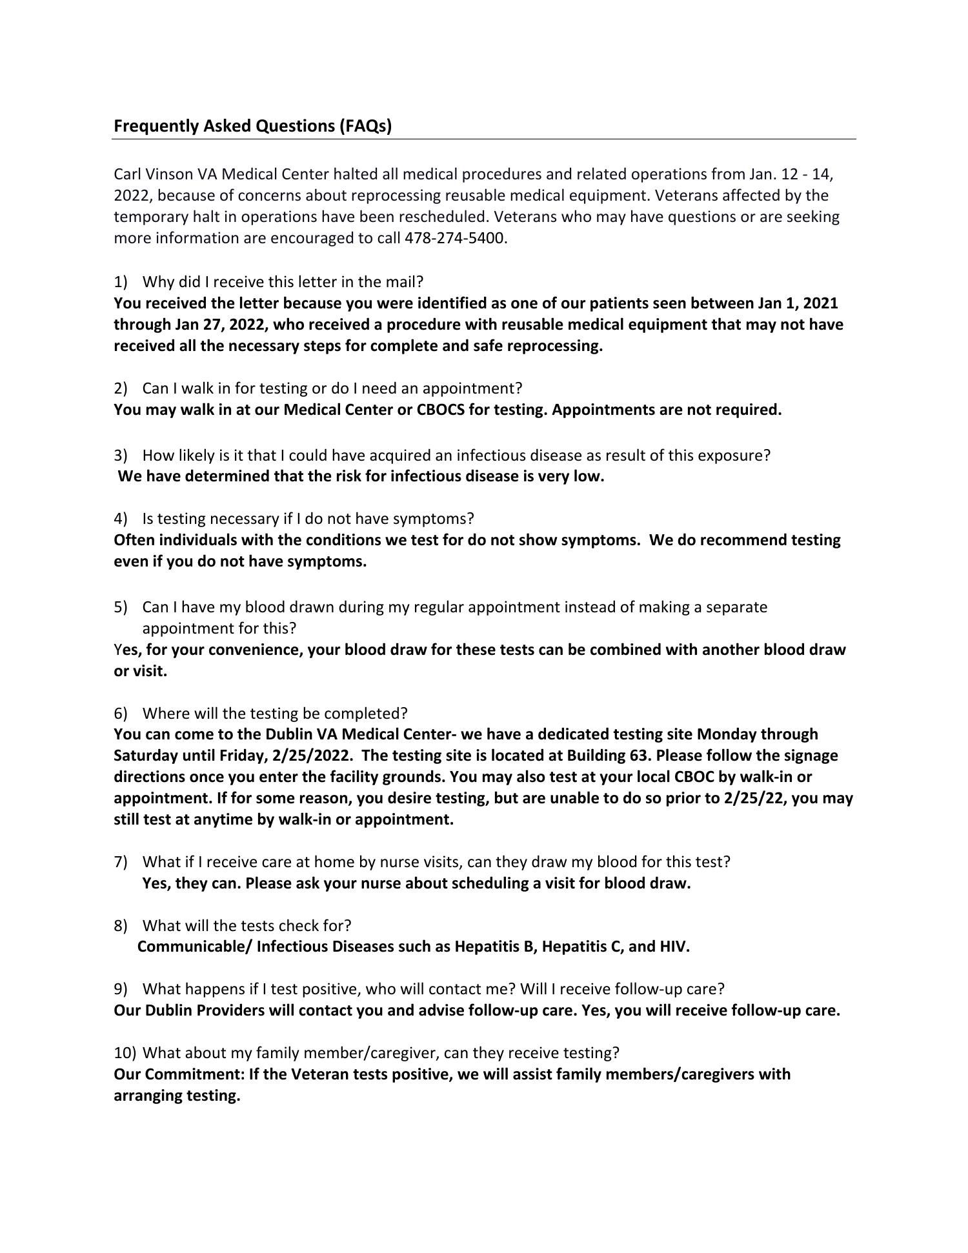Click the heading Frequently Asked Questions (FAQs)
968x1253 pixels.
click(x=252, y=126)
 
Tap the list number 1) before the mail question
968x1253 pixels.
click(x=121, y=282)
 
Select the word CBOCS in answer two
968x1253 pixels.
click(x=440, y=410)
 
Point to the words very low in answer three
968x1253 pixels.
click(x=571, y=477)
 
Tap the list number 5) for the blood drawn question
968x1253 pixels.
click(x=121, y=607)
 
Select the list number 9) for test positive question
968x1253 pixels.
click(x=121, y=989)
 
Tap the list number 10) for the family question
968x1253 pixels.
click(x=125, y=1053)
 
